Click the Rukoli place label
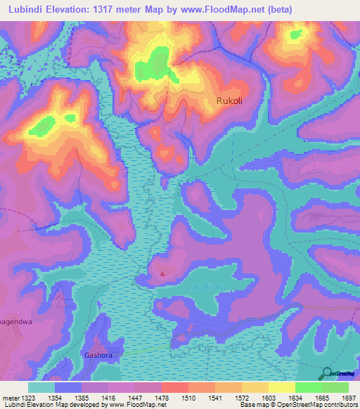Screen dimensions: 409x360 coord(229,100)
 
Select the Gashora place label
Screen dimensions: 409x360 coord(98,355)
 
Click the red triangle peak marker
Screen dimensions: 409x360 coord(163,274)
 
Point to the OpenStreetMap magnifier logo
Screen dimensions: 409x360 coord(327,373)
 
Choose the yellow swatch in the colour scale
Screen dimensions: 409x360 coord(281,387)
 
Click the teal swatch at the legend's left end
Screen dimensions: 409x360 coord(41,387)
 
